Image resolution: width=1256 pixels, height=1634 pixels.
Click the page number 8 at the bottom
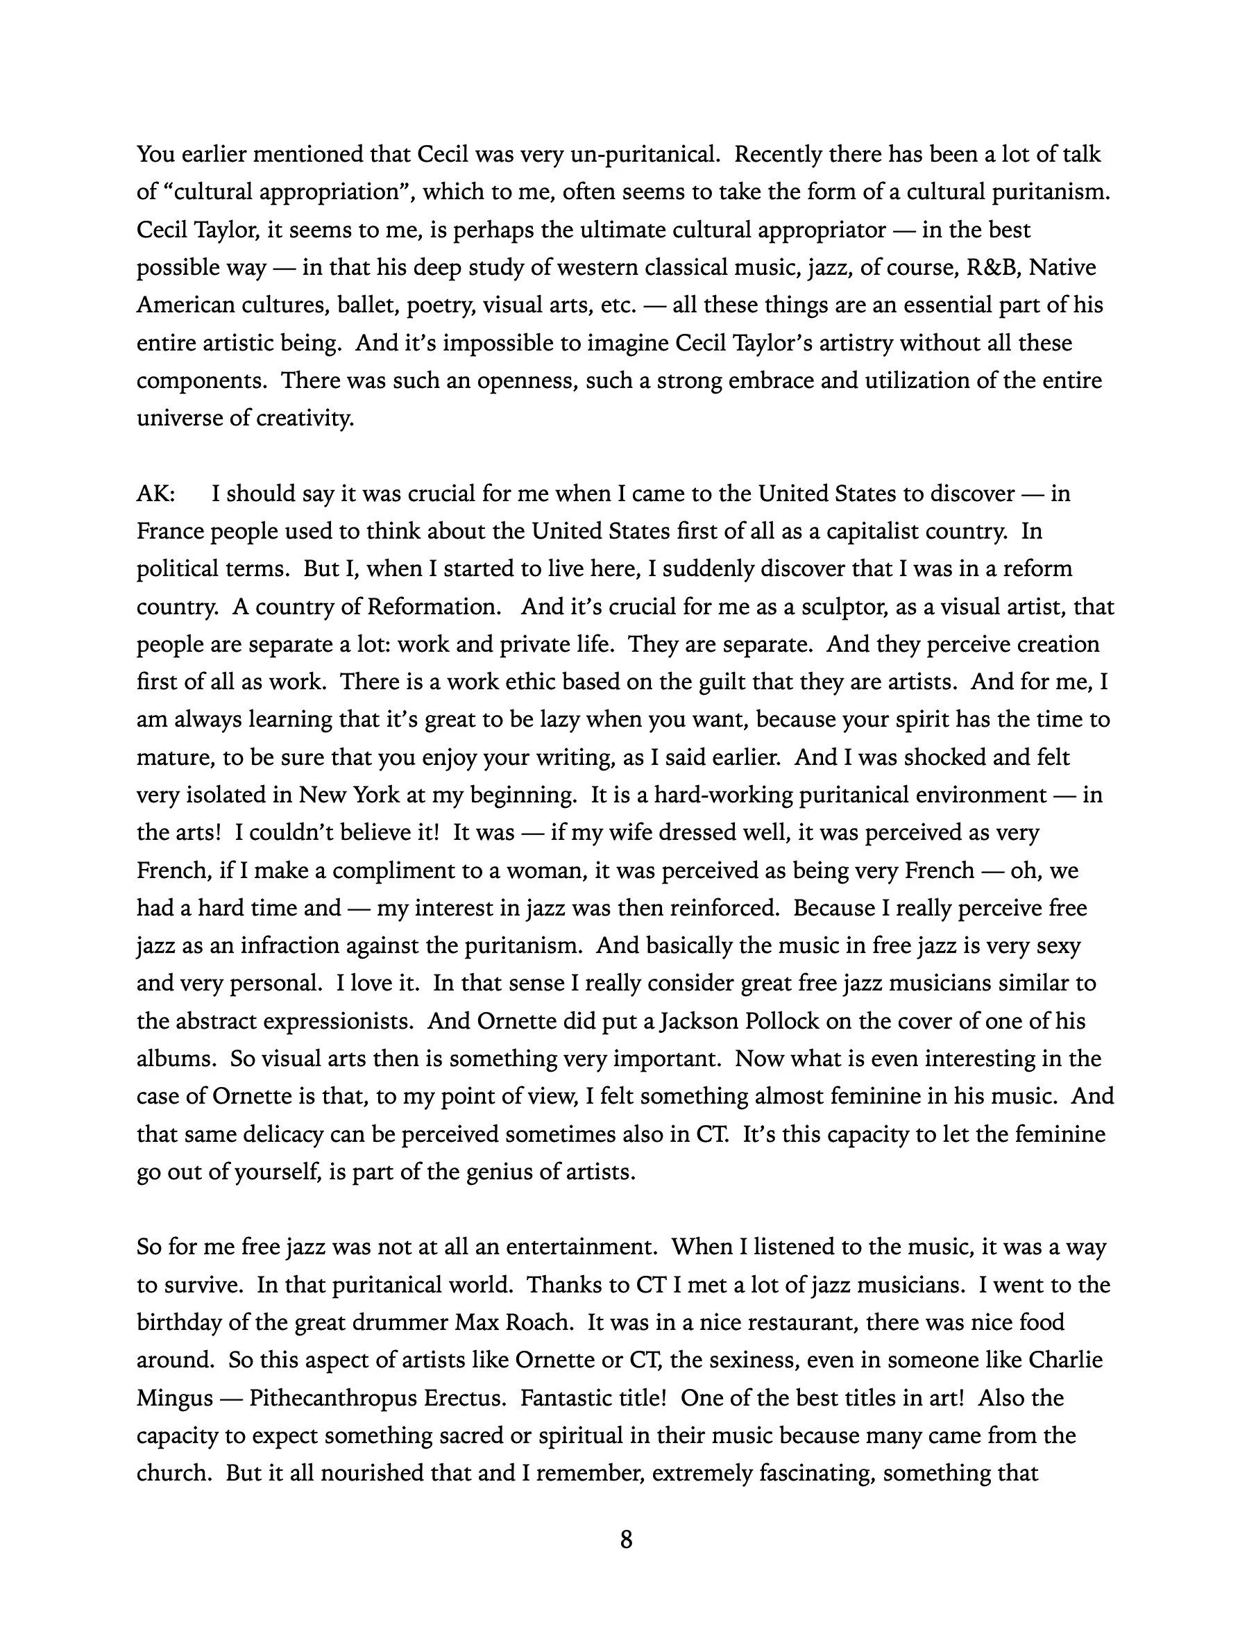point(627,1540)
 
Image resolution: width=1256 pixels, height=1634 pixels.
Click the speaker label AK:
point(155,494)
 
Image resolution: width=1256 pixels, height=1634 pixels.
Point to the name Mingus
point(175,1398)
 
